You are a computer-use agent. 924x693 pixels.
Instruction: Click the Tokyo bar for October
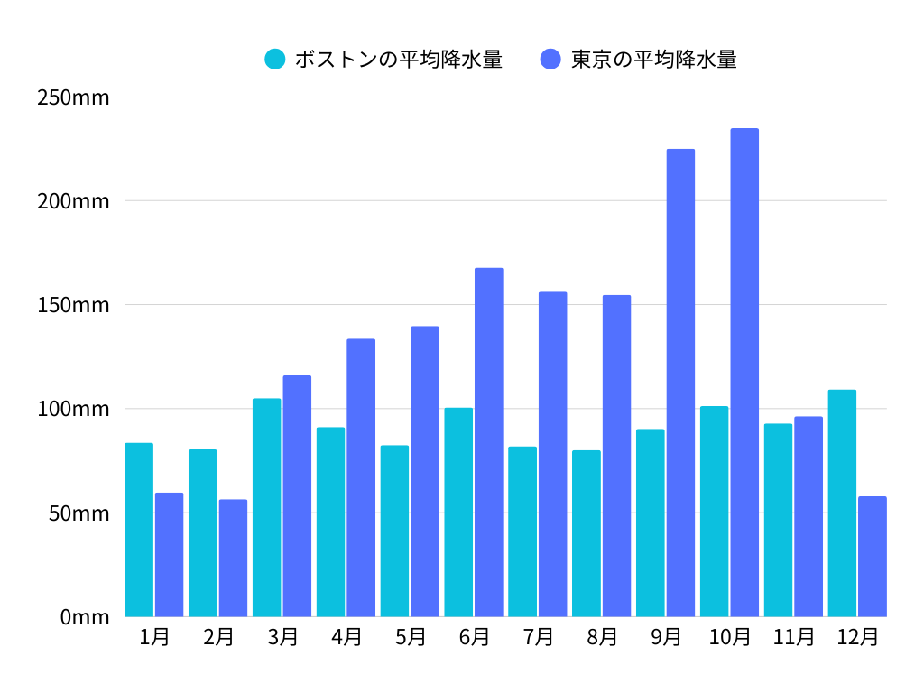pyautogui.click(x=744, y=373)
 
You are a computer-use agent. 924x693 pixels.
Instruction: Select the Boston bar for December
pyautogui.click(x=842, y=504)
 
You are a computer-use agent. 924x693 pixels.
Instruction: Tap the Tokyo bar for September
pyautogui.click(x=680, y=383)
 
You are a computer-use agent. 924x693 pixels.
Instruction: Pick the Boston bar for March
pyautogui.click(x=266, y=507)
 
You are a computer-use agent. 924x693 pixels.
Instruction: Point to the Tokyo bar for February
pyautogui.click(x=233, y=558)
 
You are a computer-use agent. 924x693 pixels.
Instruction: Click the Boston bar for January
pyautogui.click(x=139, y=530)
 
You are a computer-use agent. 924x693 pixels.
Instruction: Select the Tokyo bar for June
pyautogui.click(x=489, y=442)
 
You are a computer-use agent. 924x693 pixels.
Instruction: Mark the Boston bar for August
pyautogui.click(x=587, y=533)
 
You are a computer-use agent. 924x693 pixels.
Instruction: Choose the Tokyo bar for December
pyautogui.click(x=873, y=556)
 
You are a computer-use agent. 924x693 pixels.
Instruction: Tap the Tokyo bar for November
pyautogui.click(x=808, y=516)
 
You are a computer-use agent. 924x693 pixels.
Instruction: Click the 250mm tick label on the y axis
pyautogui.click(x=73, y=97)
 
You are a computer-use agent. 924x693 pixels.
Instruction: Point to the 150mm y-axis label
pyautogui.click(x=73, y=305)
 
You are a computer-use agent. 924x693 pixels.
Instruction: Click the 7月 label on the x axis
pyautogui.click(x=539, y=637)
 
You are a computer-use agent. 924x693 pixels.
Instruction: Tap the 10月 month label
pyautogui.click(x=730, y=637)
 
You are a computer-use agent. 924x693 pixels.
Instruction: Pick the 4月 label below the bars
pyautogui.click(x=346, y=637)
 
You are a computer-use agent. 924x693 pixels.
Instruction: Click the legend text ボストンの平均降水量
pyautogui.click(x=398, y=60)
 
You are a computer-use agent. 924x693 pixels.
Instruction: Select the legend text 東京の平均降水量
pyautogui.click(x=653, y=60)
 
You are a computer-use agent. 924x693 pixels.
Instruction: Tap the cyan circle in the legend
pyautogui.click(x=275, y=60)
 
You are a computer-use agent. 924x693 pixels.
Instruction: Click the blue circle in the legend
pyautogui.click(x=551, y=60)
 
